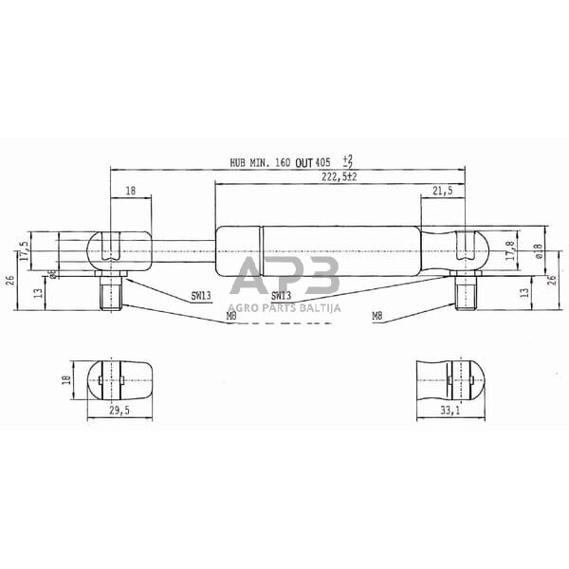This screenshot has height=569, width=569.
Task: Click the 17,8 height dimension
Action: pyautogui.click(x=509, y=251)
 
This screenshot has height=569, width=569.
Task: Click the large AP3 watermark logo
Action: pyautogui.click(x=285, y=277)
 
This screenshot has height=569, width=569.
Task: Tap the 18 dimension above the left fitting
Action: pyautogui.click(x=130, y=192)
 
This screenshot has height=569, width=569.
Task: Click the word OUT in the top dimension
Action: pyautogui.click(x=303, y=163)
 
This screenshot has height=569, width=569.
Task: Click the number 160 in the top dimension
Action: pyautogui.click(x=283, y=163)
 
